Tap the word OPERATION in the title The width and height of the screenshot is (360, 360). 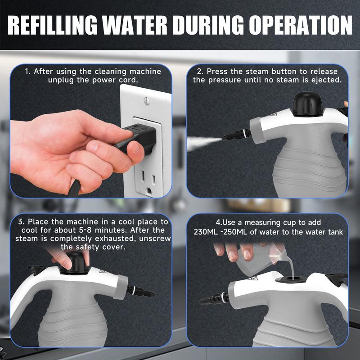click(301, 25)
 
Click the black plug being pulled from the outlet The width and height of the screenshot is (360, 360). click(137, 138)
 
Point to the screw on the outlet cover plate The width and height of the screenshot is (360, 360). click(147, 101)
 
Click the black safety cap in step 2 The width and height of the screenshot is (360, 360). click(307, 104)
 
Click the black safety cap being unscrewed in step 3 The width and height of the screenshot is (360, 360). click(75, 263)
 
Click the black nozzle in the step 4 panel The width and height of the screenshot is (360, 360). click(214, 298)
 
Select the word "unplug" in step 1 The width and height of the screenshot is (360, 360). click(61, 81)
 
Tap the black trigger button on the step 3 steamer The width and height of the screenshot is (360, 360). click(37, 270)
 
